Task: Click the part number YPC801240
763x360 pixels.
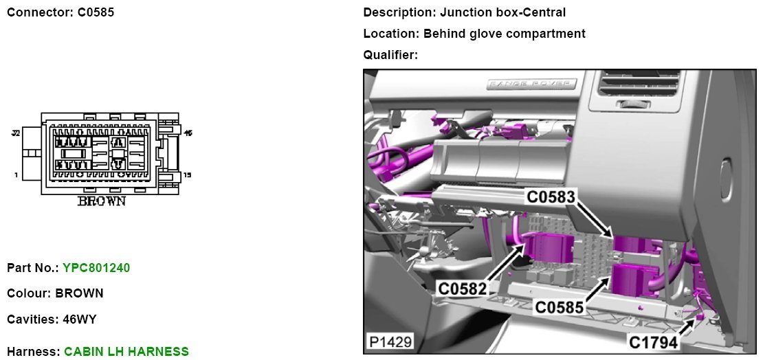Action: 96,268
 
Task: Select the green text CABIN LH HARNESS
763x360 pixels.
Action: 126,352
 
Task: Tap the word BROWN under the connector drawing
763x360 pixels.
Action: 101,201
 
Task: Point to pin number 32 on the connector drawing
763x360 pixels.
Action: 15,133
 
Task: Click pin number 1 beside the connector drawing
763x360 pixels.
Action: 16,175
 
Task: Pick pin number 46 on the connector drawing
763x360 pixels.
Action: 187,133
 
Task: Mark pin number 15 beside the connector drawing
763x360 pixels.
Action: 187,175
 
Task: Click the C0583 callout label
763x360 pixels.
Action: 551,196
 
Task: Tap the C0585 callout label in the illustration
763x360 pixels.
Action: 560,307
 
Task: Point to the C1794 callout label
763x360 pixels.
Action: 653,341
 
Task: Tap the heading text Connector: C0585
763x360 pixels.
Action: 60,12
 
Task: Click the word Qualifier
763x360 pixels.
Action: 390,55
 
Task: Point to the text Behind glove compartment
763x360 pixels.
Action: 504,34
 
